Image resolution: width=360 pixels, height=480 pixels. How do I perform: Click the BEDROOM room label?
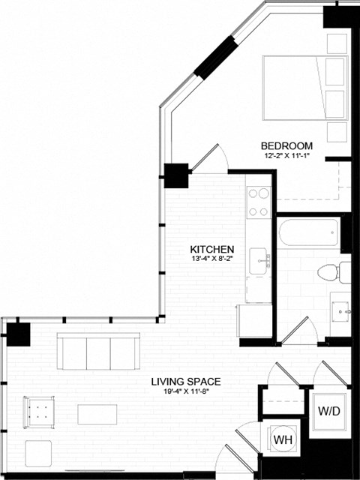click(286, 145)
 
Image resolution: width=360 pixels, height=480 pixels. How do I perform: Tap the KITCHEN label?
click(212, 250)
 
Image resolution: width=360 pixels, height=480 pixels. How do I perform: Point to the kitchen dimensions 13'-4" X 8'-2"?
click(212, 260)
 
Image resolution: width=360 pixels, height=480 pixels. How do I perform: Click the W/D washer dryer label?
click(328, 411)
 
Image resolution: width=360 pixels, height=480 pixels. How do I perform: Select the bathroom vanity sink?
click(340, 309)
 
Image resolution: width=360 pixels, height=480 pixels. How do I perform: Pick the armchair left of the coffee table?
click(38, 409)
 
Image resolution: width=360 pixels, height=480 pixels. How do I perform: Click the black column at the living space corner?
click(18, 331)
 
